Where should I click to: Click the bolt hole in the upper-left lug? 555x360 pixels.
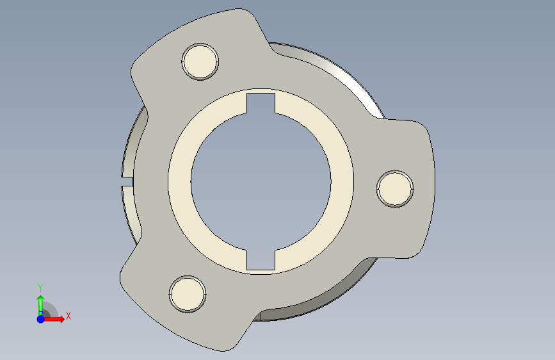tap(200, 61)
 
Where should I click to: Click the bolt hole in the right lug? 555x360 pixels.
tap(395, 188)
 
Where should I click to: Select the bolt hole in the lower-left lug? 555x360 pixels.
tap(188, 294)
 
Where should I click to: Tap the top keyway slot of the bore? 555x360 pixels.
tap(261, 103)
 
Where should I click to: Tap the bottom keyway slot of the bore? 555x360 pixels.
tap(261, 259)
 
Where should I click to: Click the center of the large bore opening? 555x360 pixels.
tap(261, 181)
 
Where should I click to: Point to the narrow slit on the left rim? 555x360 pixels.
tap(127, 181)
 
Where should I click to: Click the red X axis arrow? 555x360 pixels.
tap(53, 319)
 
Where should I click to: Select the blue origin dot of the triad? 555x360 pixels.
tap(41, 319)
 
